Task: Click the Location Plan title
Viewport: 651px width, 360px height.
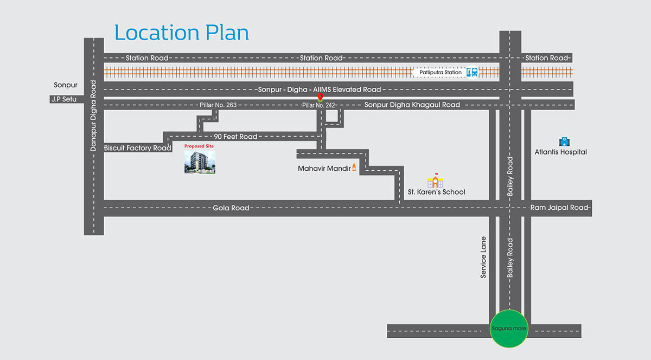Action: click(181, 33)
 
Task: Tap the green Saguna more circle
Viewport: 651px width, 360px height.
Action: click(508, 329)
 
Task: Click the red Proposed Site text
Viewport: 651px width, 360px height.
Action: click(199, 146)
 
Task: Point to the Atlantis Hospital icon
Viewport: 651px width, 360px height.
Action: click(565, 141)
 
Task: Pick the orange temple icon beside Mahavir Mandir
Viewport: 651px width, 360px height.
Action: click(355, 168)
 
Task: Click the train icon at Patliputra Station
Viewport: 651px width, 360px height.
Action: click(474, 72)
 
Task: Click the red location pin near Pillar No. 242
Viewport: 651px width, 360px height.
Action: click(320, 98)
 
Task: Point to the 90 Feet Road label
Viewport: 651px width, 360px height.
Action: click(235, 137)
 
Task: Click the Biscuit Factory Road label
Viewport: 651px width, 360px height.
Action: click(137, 148)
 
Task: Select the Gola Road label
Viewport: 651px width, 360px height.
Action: click(231, 208)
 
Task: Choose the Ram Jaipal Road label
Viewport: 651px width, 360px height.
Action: click(559, 208)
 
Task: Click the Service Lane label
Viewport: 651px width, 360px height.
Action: click(483, 258)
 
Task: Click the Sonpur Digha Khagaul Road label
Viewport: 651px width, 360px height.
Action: click(412, 105)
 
